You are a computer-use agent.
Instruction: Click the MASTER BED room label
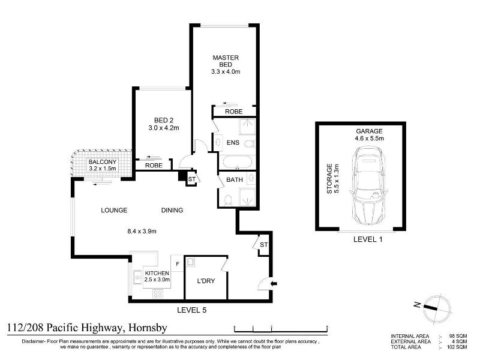click(226, 61)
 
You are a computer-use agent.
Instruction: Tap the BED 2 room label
click(164, 121)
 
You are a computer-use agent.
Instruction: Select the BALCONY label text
click(103, 161)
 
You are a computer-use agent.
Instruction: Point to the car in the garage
click(367, 185)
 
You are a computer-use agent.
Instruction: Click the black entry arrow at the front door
click(274, 283)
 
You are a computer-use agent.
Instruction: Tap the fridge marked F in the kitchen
click(177, 263)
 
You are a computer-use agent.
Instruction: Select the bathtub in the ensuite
click(238, 162)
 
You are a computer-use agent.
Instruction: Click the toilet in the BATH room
click(228, 200)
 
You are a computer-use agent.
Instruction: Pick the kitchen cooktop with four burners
click(158, 294)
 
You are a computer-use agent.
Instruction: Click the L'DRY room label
click(206, 281)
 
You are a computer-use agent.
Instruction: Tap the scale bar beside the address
click(281, 329)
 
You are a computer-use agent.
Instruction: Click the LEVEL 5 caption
click(192, 310)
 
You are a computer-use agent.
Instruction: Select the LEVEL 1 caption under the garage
click(368, 239)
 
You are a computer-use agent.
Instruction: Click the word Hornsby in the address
click(148, 328)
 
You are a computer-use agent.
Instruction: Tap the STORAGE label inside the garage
click(329, 178)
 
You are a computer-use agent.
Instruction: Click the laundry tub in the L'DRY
click(190, 262)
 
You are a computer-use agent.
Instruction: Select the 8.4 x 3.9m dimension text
click(142, 231)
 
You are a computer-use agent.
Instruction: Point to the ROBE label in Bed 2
click(154, 166)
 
